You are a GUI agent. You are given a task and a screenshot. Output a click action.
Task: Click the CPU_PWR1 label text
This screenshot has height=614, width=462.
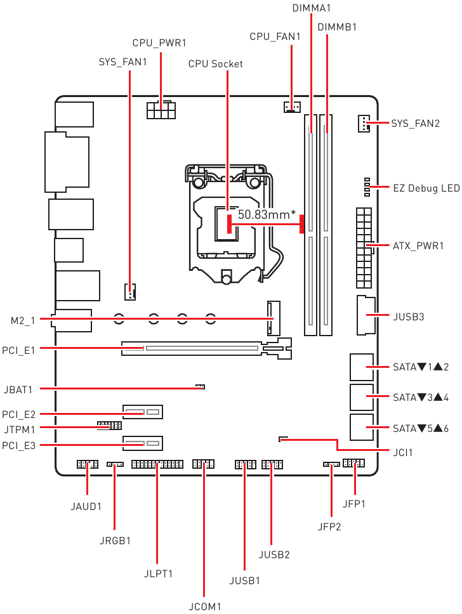point(159,42)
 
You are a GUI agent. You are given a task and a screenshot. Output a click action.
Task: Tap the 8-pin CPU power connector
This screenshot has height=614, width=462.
point(161,110)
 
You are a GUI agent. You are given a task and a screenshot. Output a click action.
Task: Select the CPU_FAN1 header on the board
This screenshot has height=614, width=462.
point(292,107)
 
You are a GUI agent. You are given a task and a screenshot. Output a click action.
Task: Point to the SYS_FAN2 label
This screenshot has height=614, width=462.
point(416,123)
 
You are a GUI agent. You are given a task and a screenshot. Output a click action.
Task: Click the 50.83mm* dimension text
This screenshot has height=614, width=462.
point(267,214)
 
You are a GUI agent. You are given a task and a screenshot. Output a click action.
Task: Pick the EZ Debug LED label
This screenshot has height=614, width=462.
point(426,188)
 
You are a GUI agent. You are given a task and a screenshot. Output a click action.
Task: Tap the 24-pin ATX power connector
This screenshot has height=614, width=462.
point(364,248)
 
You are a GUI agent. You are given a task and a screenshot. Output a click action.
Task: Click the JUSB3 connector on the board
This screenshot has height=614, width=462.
point(366,316)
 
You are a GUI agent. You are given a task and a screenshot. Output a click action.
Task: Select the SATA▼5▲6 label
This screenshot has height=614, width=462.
point(421,428)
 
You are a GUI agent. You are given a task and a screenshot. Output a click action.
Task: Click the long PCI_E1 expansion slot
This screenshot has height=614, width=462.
point(206,348)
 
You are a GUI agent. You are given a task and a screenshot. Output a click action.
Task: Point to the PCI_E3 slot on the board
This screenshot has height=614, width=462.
point(143,443)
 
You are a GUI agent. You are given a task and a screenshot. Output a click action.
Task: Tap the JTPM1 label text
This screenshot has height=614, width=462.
point(20,429)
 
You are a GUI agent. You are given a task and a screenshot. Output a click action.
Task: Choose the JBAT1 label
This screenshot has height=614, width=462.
point(18,390)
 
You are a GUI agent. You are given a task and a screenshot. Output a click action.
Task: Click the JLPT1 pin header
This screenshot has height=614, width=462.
point(157,464)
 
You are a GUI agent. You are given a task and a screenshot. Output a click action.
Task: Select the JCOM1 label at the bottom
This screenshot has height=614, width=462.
point(205,606)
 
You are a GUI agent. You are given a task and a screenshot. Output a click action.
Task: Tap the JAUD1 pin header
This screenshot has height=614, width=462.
point(88,464)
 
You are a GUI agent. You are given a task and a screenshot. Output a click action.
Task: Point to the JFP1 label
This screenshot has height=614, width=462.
point(354,504)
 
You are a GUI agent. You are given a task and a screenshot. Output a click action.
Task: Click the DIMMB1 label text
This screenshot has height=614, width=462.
point(337,27)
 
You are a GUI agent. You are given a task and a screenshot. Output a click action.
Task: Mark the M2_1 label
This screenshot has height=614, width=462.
point(23,321)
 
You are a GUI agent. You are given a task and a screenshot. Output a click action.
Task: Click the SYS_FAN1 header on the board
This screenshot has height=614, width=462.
point(130,291)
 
